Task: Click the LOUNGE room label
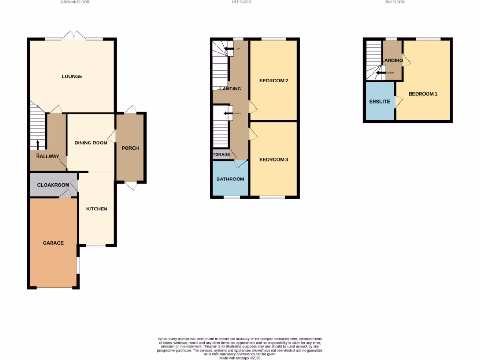[x=72, y=76]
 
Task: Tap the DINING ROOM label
[x=91, y=142]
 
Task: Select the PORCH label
[x=130, y=148]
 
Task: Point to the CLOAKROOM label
[x=53, y=185]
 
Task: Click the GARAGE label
[x=53, y=243]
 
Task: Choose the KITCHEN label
[x=97, y=209]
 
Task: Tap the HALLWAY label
[x=47, y=157]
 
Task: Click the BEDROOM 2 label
[x=274, y=81]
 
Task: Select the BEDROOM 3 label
[x=274, y=160]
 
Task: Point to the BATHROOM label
[x=230, y=179]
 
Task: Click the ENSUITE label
[x=380, y=101]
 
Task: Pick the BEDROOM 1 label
[x=423, y=94]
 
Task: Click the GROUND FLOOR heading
[x=75, y=2]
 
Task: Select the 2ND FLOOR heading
[x=395, y=2]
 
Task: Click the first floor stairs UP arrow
[x=229, y=49]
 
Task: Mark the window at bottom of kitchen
[x=96, y=245]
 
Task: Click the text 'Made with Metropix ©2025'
[x=240, y=358]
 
